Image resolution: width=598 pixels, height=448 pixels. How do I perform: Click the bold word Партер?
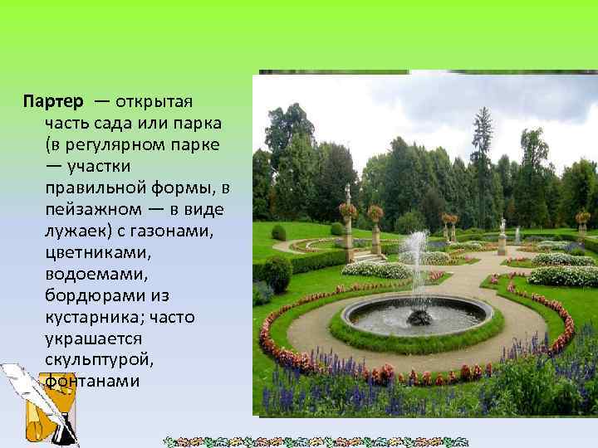pyautogui.click(x=53, y=102)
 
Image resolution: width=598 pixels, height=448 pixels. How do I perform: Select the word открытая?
pyautogui.click(x=154, y=102)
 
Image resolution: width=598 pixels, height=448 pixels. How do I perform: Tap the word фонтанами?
pyautogui.click(x=92, y=382)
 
